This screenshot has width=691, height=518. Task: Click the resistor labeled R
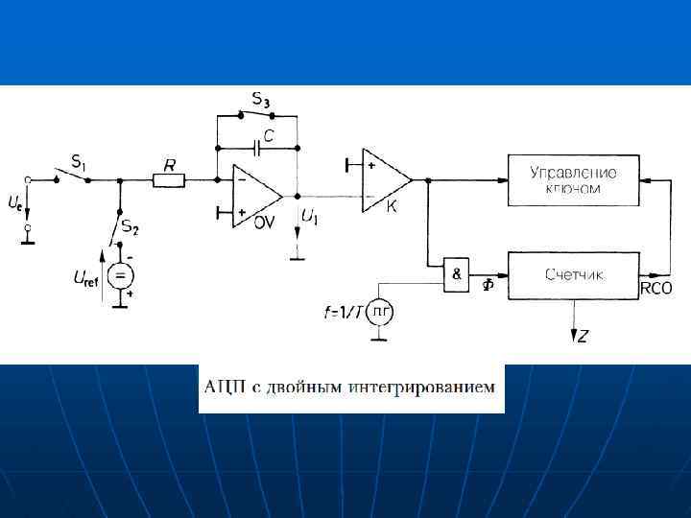coord(169,179)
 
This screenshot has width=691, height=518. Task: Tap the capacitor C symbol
coord(257,149)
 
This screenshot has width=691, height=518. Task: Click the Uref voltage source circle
coord(120,278)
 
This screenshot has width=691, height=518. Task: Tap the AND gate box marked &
coord(455,273)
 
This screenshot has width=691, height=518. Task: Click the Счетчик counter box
coord(574,274)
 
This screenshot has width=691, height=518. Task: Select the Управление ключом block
coord(574,179)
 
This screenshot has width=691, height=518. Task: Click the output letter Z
coord(582,336)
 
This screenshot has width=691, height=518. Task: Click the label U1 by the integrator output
coord(309,219)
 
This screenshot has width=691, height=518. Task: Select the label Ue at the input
coord(15,203)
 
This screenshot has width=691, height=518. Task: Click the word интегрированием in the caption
coord(433,388)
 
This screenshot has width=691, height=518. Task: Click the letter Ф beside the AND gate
coord(488,285)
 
